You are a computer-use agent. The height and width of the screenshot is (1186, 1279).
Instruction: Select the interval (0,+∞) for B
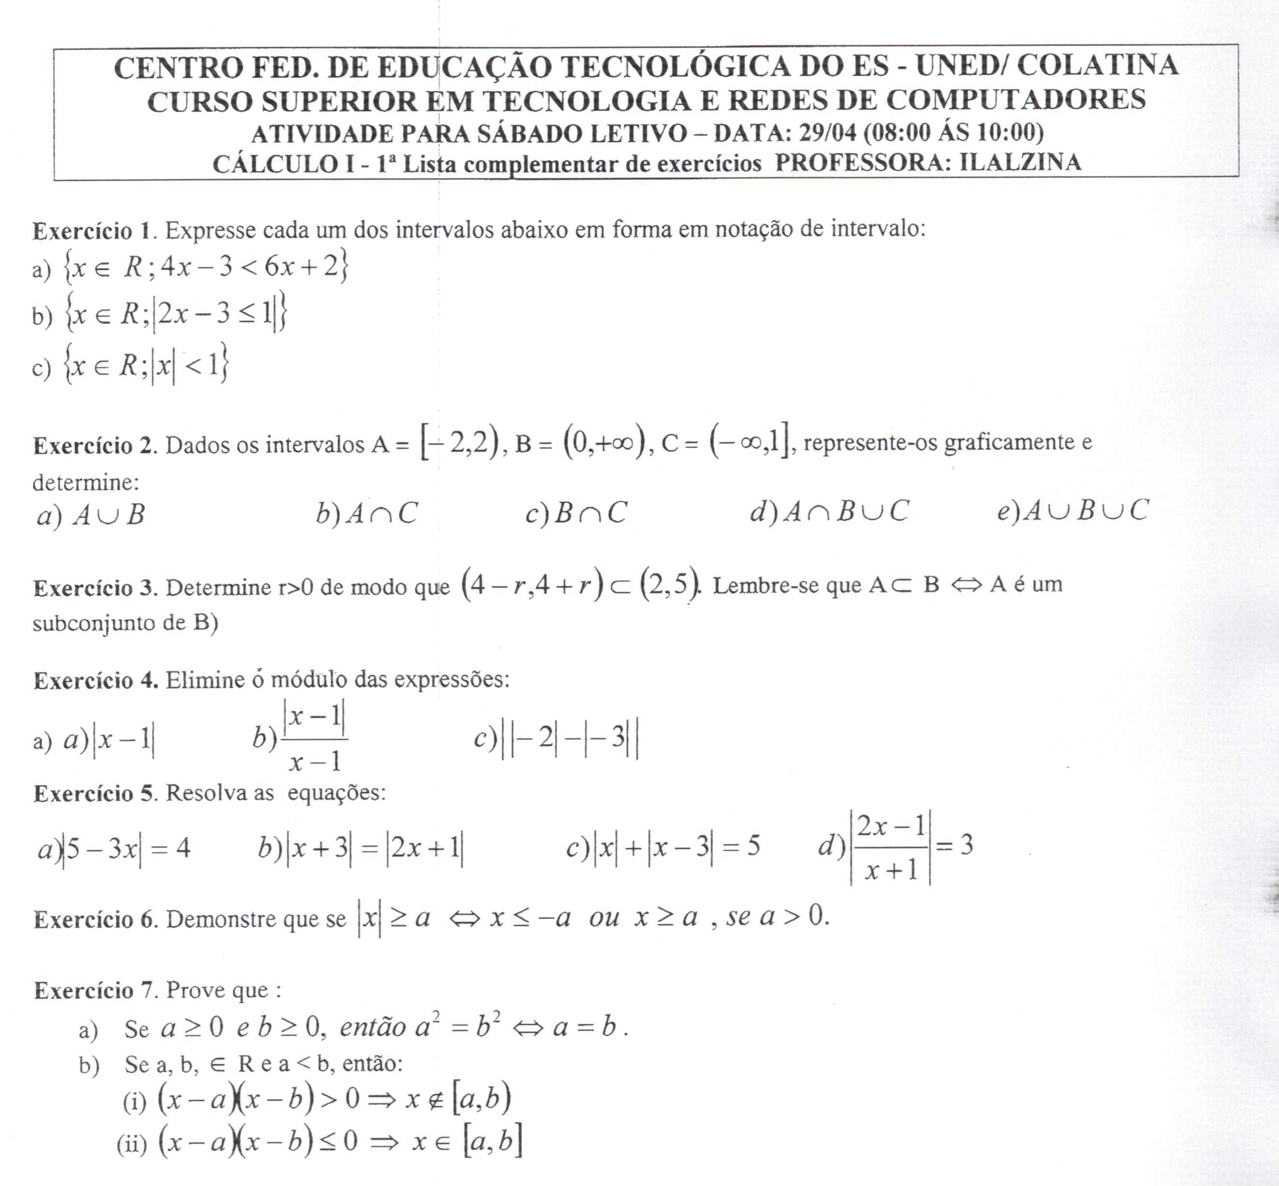[604, 443]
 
